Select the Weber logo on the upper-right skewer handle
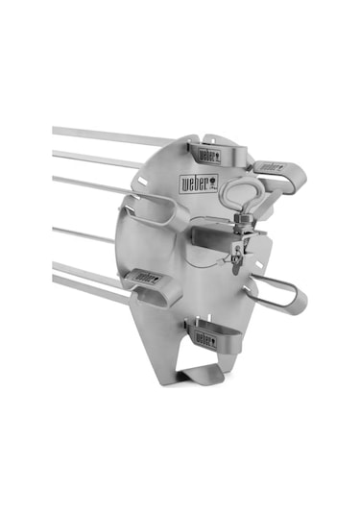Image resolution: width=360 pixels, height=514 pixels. [272, 174]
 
